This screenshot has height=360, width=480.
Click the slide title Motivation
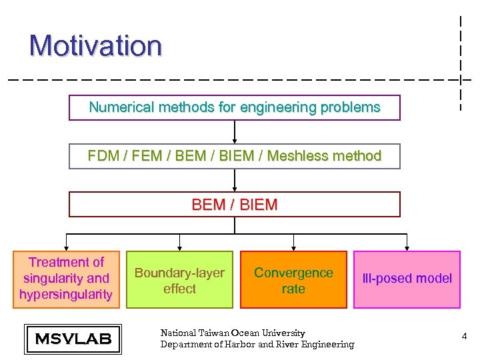click(95, 46)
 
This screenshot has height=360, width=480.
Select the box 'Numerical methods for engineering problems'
click(235, 107)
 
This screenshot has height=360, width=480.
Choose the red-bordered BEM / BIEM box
click(235, 205)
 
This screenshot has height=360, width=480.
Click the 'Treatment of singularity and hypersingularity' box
click(66, 279)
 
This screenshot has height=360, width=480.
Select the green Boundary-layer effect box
click(179, 280)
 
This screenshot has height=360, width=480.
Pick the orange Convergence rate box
click(293, 280)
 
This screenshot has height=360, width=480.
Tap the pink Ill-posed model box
click(407, 279)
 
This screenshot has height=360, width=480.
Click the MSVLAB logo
click(73, 339)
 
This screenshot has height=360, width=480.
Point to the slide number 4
click(464, 337)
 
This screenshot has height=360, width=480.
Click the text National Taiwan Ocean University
click(233, 333)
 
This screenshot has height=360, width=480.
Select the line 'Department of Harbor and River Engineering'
click(257, 344)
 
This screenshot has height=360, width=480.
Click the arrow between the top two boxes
click(235, 132)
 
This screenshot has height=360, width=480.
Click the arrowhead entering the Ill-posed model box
click(407, 247)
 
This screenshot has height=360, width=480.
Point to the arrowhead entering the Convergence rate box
click(293, 247)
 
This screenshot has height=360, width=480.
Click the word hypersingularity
click(66, 295)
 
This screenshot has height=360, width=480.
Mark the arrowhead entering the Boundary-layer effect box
click(179, 247)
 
